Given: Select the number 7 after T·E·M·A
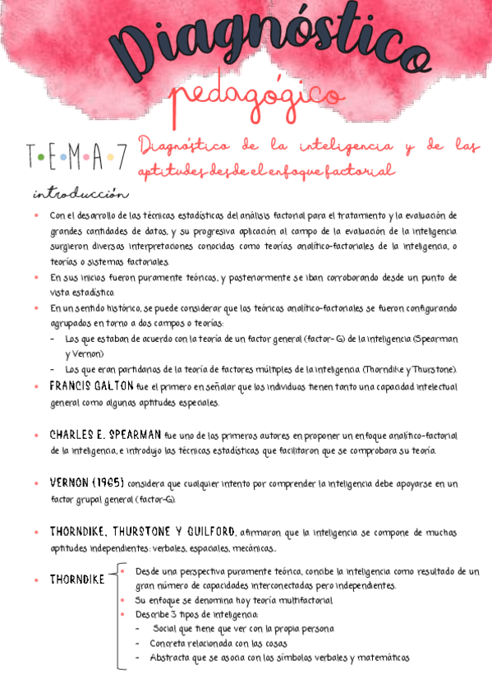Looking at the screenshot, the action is click(120, 155).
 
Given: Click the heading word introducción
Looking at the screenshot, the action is click(80, 195).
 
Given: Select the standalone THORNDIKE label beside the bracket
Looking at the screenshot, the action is click(77, 579).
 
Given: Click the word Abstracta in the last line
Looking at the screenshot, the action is click(169, 658).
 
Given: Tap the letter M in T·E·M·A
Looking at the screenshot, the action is click(74, 155).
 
